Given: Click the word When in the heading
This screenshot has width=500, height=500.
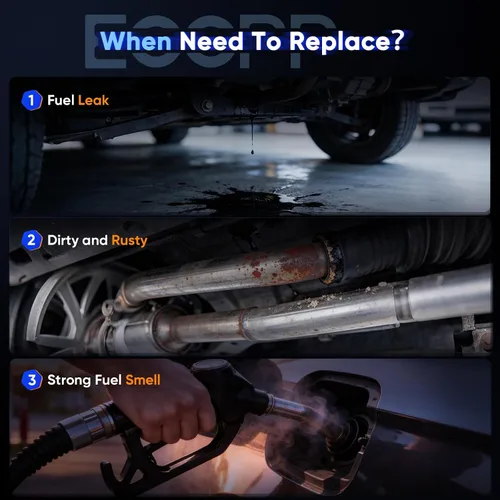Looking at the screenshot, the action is pyautogui.click(x=136, y=41).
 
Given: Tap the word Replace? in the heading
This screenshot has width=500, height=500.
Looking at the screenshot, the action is pyautogui.click(x=347, y=41).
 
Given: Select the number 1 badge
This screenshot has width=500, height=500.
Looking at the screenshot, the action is pyautogui.click(x=32, y=100).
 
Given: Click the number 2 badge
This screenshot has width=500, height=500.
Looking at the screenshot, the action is pyautogui.click(x=32, y=240).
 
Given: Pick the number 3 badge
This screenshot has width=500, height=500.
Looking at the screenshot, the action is pyautogui.click(x=32, y=380).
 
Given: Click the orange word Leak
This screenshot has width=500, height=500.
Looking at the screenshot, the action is pyautogui.click(x=93, y=100).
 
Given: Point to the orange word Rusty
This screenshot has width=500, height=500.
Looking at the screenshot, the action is pyautogui.click(x=129, y=241).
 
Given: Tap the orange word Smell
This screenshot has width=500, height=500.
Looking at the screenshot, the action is pyautogui.click(x=143, y=380).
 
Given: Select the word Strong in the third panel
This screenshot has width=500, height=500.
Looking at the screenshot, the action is pyautogui.click(x=69, y=380).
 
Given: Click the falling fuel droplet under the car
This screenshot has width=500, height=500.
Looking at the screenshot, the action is pyautogui.click(x=252, y=152).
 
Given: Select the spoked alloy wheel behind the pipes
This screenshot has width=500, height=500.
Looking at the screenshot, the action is pyautogui.click(x=63, y=310).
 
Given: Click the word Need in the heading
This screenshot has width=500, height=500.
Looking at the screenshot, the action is pyautogui.click(x=211, y=41).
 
